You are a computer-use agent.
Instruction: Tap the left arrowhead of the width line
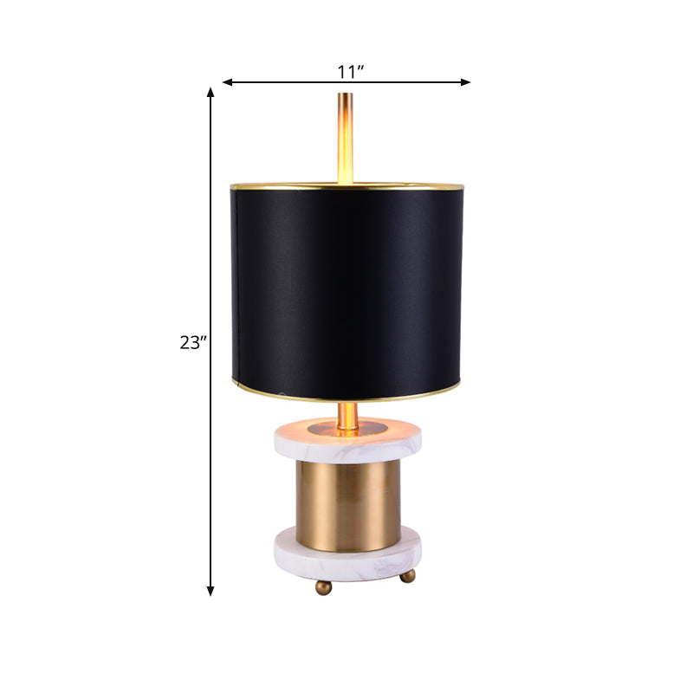(227, 82)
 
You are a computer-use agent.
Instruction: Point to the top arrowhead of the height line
(210, 91)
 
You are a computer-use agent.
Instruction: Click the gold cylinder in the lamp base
(346, 498)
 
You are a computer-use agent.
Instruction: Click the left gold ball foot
(322, 587)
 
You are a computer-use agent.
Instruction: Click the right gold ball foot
(409, 577)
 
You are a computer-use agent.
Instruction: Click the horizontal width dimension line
(407, 82)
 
